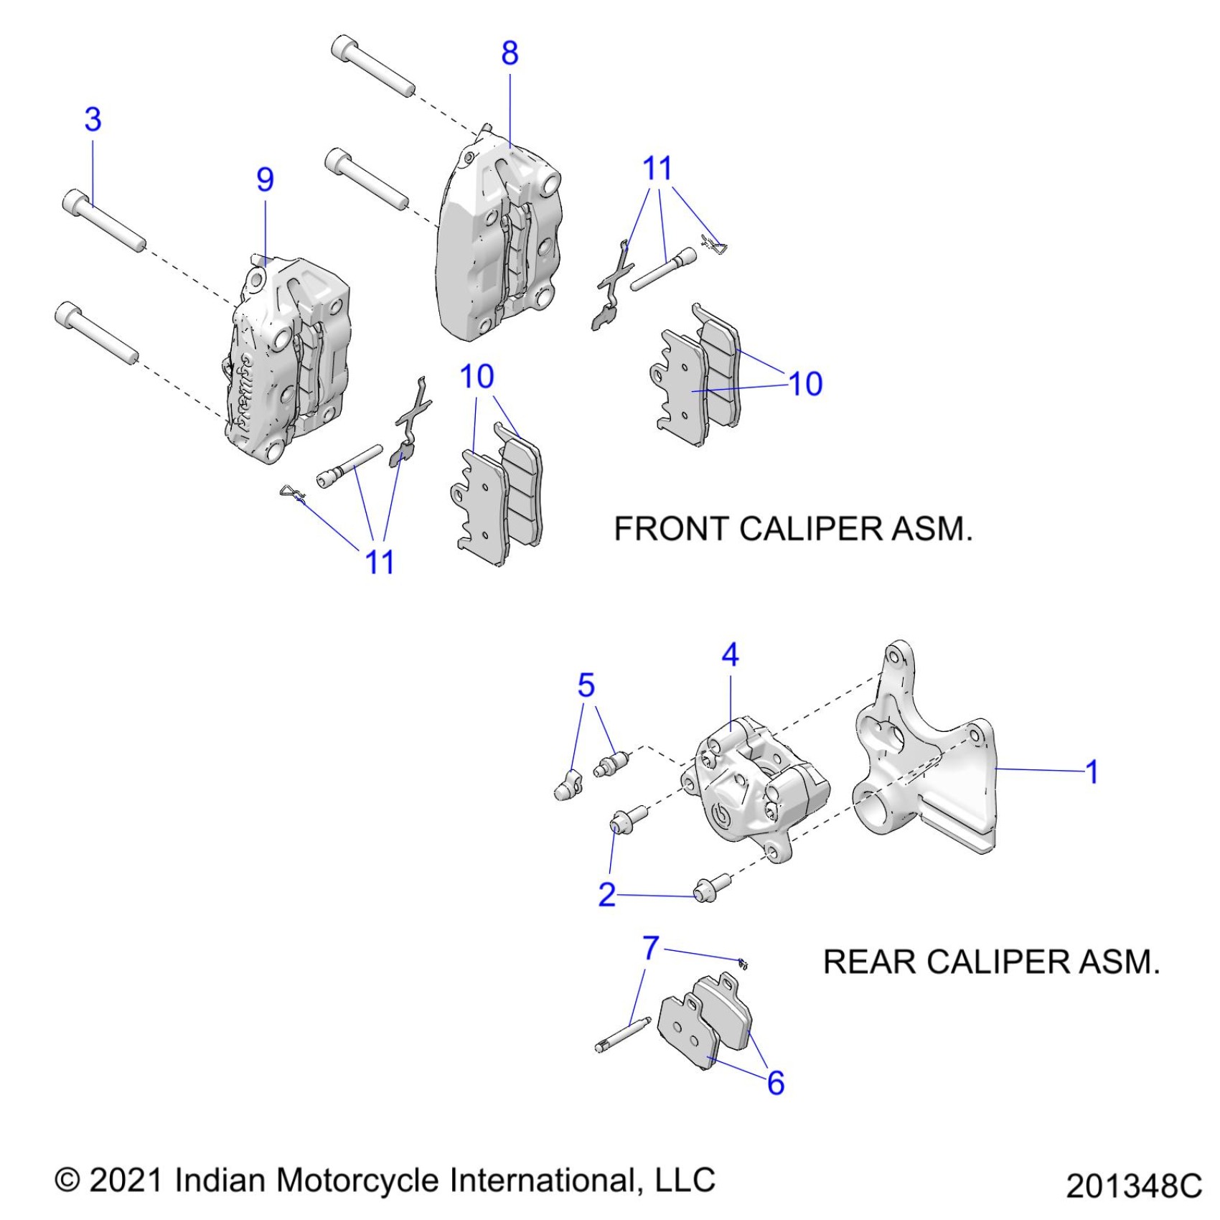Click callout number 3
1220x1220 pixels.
(x=93, y=120)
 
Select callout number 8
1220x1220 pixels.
(x=510, y=53)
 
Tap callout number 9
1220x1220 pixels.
(x=265, y=179)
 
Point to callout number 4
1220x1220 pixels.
(x=730, y=654)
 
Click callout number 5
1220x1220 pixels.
(x=586, y=686)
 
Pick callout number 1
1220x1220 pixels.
(x=1092, y=772)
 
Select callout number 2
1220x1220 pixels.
(x=607, y=894)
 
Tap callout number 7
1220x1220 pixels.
(x=650, y=948)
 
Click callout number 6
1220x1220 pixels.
(x=776, y=1083)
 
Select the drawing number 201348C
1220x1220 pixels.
(x=1133, y=1186)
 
